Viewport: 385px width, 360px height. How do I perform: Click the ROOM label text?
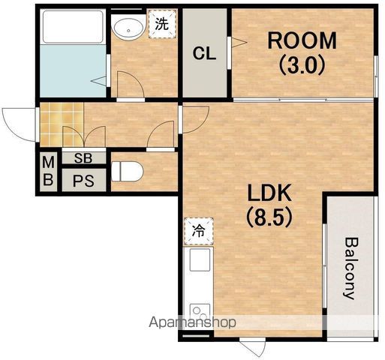302,40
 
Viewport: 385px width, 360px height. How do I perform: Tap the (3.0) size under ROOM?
302,65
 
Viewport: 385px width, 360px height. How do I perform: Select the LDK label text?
269,193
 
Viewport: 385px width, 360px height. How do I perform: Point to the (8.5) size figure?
269,217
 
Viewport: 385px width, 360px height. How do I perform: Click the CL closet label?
204,53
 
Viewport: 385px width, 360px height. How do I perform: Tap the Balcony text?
352,268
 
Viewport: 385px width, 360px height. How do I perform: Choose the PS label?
83,181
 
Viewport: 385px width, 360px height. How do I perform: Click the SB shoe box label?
83,158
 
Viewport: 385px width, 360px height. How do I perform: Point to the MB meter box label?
48,171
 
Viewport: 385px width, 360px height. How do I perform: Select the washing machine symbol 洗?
162,24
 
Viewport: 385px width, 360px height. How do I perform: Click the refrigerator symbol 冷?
199,231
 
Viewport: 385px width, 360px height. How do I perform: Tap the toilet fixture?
127,172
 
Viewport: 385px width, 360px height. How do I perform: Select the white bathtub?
73,26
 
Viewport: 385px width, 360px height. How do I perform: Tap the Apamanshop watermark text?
192,322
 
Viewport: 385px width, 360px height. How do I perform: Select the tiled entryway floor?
62,124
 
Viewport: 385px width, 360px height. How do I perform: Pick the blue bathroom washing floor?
73,70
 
